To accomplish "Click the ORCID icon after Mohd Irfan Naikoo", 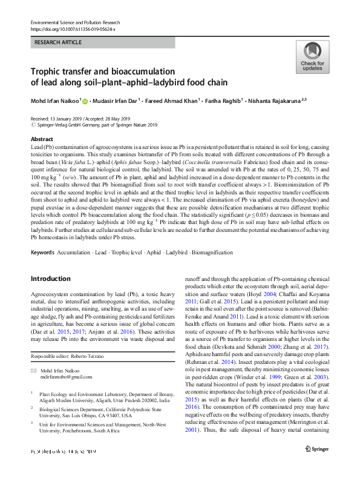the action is click(85, 101).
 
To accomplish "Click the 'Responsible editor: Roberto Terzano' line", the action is click(70, 357).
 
